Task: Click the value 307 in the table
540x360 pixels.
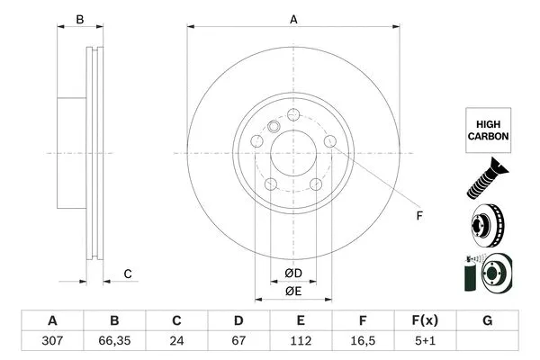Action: click(51, 342)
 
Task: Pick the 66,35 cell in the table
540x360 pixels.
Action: click(114, 342)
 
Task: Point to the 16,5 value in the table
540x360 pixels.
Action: click(363, 342)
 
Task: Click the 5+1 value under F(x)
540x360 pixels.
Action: click(425, 342)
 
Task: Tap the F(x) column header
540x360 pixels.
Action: click(425, 321)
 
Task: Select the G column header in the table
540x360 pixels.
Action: click(487, 321)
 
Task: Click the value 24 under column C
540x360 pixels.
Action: click(176, 342)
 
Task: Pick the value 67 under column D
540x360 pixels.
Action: click(238, 342)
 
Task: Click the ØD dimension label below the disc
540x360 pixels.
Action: click(293, 273)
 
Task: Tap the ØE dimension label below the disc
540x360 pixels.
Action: click(293, 291)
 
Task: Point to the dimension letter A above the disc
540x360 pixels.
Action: click(293, 18)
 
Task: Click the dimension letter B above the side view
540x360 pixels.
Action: click(79, 19)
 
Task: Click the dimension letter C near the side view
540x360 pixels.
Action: click(128, 274)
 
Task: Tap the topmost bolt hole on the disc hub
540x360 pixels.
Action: click(293, 114)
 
